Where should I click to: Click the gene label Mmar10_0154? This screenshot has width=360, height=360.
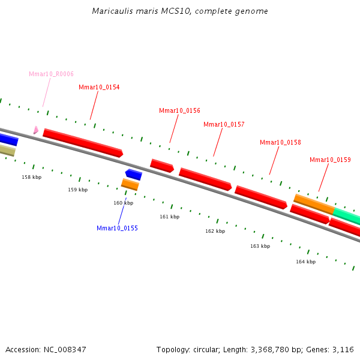click(x=99, y=88)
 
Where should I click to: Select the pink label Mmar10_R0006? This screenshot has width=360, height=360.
click(x=51, y=74)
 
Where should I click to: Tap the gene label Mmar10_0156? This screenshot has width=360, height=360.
click(x=179, y=111)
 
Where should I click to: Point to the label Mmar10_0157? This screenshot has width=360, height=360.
click(x=224, y=125)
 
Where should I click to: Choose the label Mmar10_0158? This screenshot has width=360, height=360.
click(x=280, y=143)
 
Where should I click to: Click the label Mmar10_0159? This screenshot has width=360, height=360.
click(x=330, y=160)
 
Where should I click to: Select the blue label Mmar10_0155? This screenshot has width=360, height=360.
click(x=117, y=229)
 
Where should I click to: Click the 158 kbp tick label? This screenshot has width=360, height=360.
click(x=32, y=178)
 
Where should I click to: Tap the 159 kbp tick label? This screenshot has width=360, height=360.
click(x=77, y=190)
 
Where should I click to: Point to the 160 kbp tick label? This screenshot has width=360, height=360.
click(x=123, y=203)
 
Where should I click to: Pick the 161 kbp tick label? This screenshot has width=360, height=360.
click(x=169, y=217)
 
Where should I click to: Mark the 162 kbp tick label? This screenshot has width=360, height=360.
click(x=215, y=232)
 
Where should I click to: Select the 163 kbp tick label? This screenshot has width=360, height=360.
click(x=260, y=247)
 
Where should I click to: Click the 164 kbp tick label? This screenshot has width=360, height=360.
click(x=305, y=262)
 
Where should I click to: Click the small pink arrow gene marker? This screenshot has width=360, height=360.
click(x=36, y=130)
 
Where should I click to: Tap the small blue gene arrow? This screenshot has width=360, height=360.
click(x=133, y=175)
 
